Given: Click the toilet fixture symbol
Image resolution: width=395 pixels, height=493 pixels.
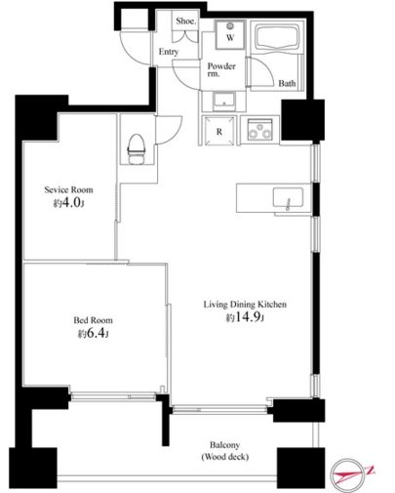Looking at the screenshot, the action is (x=137, y=149).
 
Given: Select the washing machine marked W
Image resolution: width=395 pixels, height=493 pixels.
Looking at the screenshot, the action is (x=230, y=34).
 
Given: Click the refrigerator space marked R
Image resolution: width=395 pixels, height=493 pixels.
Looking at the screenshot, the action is (x=219, y=131).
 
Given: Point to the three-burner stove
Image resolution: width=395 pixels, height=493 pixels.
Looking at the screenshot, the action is (x=259, y=130).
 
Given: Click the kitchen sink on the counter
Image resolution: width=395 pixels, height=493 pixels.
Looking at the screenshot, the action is (x=288, y=198).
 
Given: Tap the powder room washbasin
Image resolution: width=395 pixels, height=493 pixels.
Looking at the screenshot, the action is (x=224, y=101).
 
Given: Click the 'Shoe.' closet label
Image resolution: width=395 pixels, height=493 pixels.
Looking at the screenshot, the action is (x=186, y=21).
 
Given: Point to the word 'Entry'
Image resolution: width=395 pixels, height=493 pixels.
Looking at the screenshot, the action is (x=169, y=52).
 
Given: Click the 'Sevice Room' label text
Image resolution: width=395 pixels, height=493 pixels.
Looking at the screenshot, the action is (x=68, y=189).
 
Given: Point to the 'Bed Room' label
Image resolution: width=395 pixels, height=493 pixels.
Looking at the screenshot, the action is (x=93, y=320).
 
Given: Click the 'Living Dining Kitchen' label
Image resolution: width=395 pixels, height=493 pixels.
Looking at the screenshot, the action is (x=245, y=305).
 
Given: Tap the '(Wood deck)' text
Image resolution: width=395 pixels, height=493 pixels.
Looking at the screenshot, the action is (x=225, y=457).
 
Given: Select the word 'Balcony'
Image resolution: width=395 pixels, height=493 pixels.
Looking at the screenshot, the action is (x=224, y=445).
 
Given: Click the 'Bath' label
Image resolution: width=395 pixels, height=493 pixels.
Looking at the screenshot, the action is (x=287, y=84).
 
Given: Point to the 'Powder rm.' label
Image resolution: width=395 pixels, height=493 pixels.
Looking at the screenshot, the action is (x=221, y=69).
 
